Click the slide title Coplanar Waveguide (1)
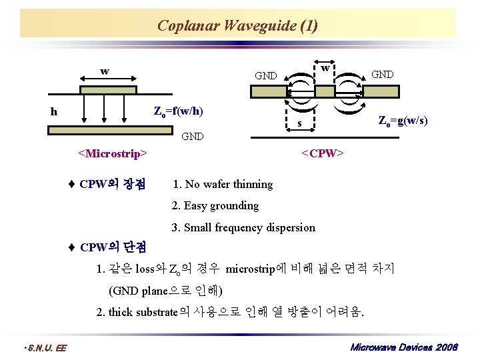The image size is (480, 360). point(237,26)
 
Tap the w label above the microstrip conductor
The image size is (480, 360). point(105,71)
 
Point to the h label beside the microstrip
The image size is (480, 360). point(54,112)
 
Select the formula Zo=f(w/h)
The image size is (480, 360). point(179,110)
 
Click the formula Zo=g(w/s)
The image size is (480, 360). point(403,121)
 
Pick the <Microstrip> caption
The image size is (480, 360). point(112,154)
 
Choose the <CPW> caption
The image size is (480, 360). point(322,154)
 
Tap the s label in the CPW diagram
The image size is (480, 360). point(300,123)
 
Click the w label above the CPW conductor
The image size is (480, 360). point(324,68)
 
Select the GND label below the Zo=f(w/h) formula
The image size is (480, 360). point(193,137)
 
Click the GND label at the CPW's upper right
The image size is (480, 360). point(382,74)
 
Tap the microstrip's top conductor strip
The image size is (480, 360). point(107,89)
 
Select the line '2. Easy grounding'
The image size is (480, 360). point(215,205)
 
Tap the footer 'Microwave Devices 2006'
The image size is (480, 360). point(403,347)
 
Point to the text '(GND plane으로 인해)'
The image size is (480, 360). point(165,291)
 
